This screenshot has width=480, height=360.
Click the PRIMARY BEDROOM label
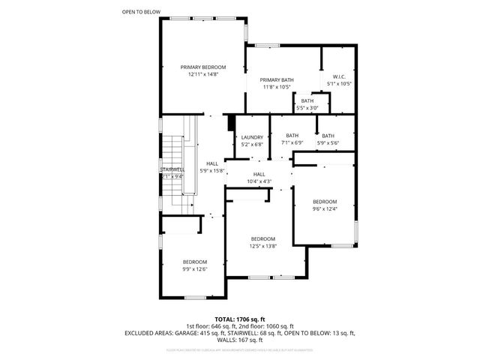[202, 67]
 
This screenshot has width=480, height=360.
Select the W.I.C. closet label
[338, 76]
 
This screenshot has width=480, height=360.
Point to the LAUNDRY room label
[251, 137]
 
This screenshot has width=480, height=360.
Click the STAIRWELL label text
[172, 169]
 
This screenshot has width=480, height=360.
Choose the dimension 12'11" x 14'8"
[202, 74]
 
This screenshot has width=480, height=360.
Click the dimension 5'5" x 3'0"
[307, 107]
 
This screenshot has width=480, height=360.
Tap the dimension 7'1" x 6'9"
[292, 142]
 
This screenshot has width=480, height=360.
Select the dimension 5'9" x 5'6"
[328, 142]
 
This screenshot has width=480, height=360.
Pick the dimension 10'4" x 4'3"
[259, 181]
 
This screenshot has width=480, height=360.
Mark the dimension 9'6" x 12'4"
[325, 208]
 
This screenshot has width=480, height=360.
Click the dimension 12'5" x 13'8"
[262, 245]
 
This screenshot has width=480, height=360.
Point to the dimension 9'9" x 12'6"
[194, 268]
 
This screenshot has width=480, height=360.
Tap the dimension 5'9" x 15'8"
[212, 170]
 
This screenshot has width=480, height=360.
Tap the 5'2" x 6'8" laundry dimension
[251, 144]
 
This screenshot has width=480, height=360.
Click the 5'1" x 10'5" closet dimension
[338, 83]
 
